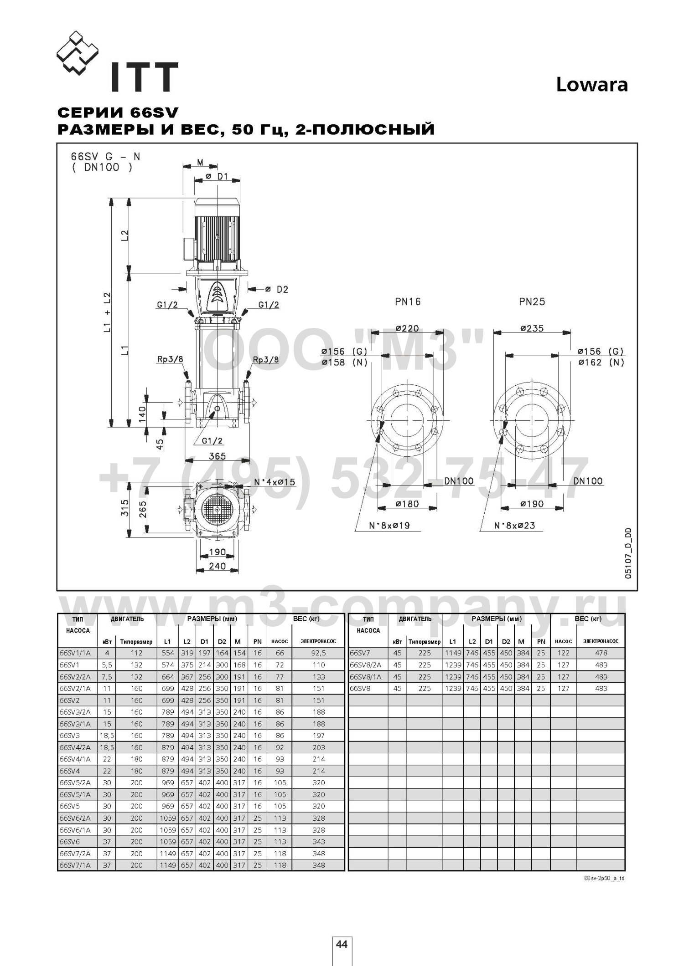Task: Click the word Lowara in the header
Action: [592, 85]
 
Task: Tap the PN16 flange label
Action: [408, 302]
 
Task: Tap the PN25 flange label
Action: [532, 302]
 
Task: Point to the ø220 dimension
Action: [407, 328]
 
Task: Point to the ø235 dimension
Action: [532, 328]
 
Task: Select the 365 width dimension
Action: [217, 456]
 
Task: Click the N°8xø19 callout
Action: [389, 525]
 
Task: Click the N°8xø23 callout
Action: [515, 525]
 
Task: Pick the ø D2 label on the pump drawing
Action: [276, 289]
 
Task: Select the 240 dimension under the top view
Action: [217, 566]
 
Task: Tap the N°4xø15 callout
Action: [275, 481]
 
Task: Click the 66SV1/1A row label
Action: [75, 653]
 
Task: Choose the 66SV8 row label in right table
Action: [360, 688]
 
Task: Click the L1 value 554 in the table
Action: [168, 653]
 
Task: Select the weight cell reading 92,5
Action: [319, 653]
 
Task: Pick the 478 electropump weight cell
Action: [601, 653]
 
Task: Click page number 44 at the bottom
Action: [342, 944]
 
